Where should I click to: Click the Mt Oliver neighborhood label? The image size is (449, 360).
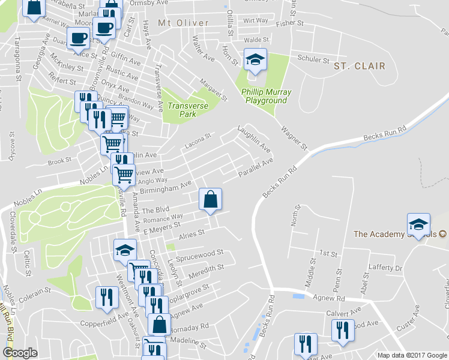tap(183, 23)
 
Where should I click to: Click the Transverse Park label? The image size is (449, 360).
tap(188, 110)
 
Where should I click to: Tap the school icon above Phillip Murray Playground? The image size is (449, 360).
tap(255, 60)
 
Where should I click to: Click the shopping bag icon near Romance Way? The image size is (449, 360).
tap(211, 199)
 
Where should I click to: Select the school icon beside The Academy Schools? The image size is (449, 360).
tap(418, 224)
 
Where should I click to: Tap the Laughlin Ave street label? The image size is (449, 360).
tap(254, 137)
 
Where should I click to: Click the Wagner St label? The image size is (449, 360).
tap(294, 138)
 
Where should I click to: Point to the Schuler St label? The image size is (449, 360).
tap(313, 59)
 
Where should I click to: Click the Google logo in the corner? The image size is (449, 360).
tap(20, 353)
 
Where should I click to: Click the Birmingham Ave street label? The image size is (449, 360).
tap(165, 188)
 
